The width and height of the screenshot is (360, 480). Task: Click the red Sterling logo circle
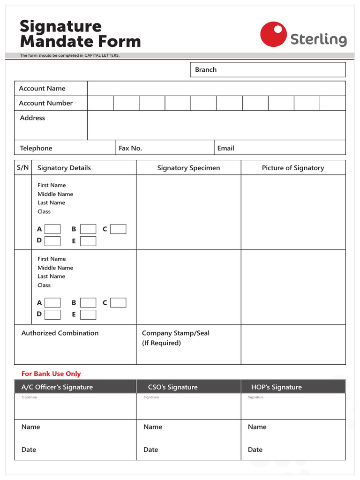(273, 34)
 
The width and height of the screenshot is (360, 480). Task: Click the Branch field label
(206, 70)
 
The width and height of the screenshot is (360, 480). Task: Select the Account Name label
(42, 89)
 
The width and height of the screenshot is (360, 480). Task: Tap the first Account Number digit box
(100, 103)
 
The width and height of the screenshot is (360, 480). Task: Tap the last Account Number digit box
(333, 103)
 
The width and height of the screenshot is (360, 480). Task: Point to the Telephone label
(36, 148)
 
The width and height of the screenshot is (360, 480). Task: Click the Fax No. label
(130, 148)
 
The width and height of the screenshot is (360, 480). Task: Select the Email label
(225, 148)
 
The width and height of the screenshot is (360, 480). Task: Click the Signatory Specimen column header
(188, 168)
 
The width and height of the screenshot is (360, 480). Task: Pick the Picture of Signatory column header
(293, 168)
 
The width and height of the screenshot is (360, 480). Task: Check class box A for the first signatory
(52, 229)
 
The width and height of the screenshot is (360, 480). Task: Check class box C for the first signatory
(118, 229)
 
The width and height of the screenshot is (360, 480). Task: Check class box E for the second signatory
(88, 315)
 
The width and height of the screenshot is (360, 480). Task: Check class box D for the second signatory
(52, 315)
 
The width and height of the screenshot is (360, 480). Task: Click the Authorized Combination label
(60, 333)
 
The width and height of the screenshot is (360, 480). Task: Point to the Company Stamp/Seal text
(176, 333)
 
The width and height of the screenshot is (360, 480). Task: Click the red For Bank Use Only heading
(51, 374)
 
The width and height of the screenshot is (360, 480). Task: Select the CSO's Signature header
(173, 387)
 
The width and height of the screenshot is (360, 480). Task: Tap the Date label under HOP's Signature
(255, 450)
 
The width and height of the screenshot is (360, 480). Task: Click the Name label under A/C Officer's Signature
(31, 427)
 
